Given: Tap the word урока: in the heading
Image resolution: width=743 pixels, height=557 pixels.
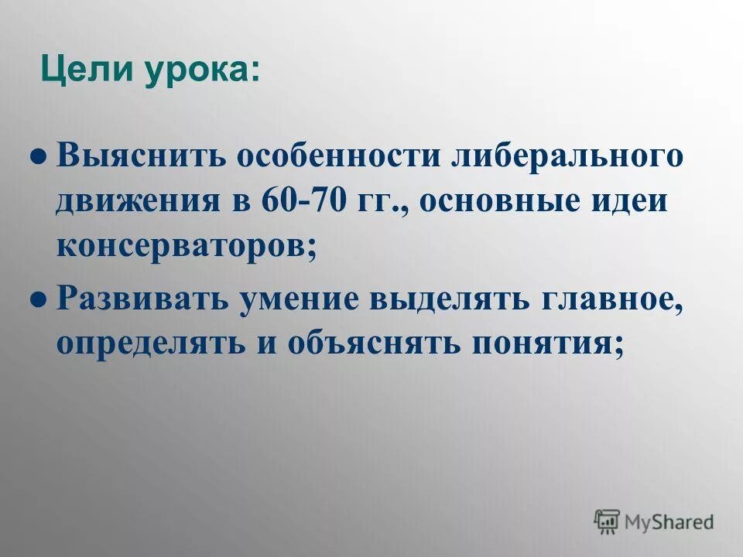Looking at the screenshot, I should pos(202,73).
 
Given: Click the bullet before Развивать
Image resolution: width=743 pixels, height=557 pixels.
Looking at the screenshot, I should pos(36,299).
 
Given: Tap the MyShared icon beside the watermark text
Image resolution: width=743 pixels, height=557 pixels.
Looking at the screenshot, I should pos(607,522).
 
